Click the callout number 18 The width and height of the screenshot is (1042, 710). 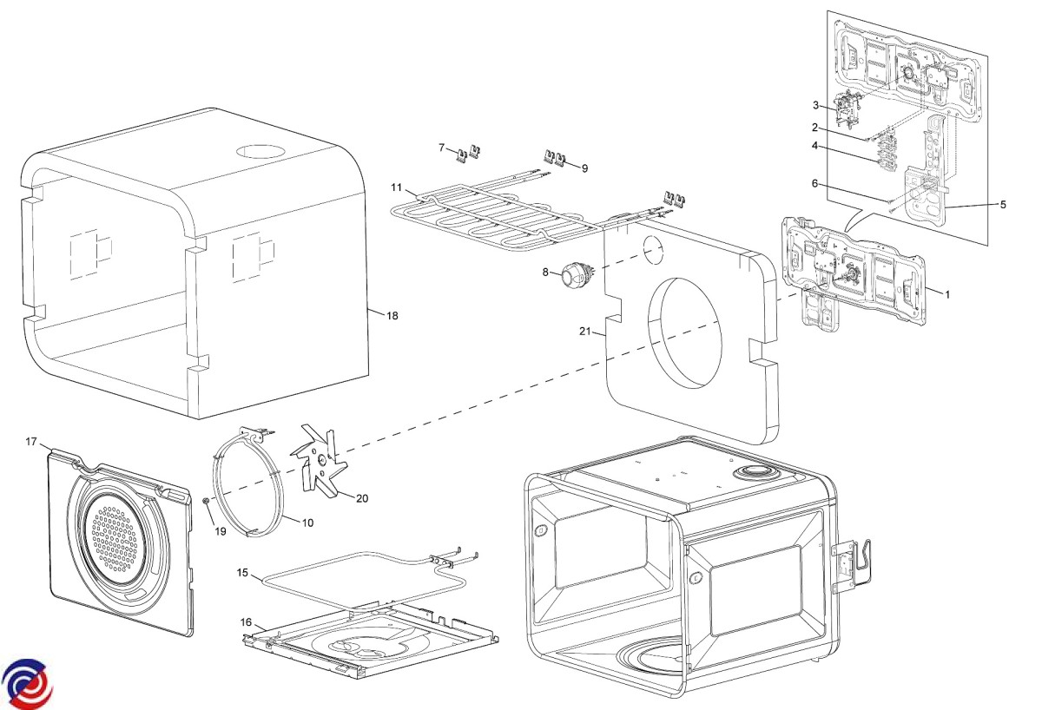pos(392,316)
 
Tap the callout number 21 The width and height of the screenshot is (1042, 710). pos(584,331)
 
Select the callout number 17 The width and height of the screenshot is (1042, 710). pos(31,442)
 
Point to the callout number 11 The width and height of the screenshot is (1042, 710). pos(396,187)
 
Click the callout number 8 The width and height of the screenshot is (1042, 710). pos(546,273)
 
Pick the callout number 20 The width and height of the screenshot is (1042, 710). pos(362,498)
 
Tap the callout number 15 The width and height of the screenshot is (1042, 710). pos(243,573)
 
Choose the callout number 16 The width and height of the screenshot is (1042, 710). pos(247,622)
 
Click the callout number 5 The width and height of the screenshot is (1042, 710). pos(1003,205)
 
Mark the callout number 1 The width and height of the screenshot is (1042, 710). pos(947,294)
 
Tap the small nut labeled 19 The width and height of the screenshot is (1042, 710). pos(205,501)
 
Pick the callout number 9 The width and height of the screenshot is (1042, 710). pos(584,168)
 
